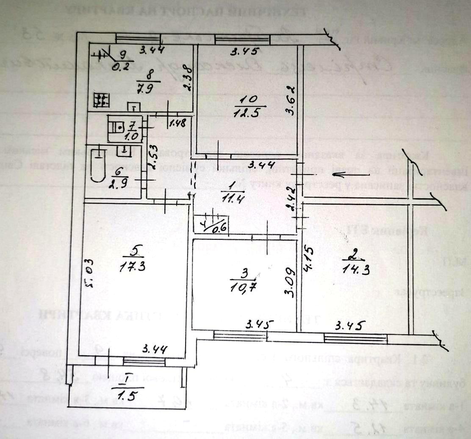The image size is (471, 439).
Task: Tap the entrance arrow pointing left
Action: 347,174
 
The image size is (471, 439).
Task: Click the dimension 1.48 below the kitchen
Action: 177,124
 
